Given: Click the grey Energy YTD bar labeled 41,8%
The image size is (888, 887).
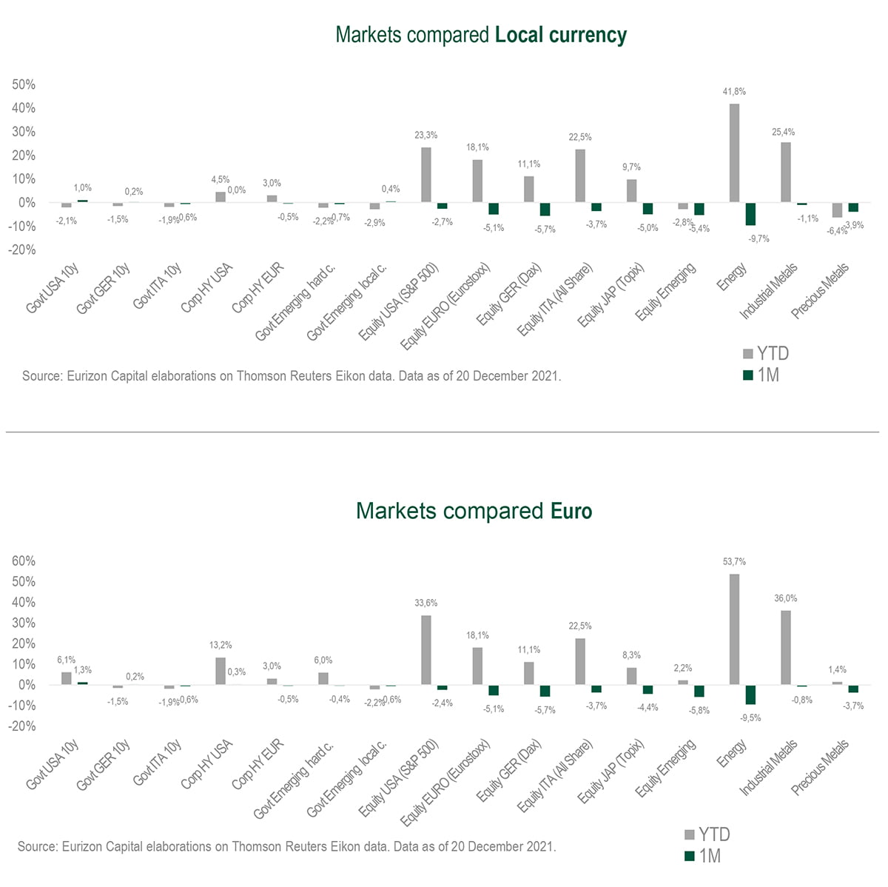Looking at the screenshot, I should (734, 153).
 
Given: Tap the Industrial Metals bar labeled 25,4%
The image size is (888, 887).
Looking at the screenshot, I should (786, 172).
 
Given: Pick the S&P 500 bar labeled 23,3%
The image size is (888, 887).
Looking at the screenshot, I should (426, 175).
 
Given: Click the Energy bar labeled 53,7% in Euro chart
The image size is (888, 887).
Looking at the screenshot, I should (734, 629).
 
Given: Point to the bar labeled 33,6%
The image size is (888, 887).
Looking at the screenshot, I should (426, 649).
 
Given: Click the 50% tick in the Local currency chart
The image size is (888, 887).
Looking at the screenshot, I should (24, 84).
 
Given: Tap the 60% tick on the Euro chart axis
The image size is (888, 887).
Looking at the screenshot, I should (24, 560).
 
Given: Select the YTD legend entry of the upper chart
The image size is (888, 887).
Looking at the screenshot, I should (766, 353).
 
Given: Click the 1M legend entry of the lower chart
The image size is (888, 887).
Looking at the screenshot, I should (702, 856).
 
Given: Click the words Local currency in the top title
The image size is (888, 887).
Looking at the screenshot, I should (560, 35).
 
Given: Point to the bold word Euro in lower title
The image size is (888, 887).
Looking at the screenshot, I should (571, 511).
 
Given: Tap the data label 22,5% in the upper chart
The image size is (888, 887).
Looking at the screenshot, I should (580, 137).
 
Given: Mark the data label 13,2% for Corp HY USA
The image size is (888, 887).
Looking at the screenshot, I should (221, 645).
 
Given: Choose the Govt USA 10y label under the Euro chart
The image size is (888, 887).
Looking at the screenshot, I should (53, 763).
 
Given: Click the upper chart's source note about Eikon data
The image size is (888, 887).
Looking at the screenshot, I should (292, 376).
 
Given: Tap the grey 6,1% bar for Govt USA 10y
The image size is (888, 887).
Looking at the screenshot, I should (66, 678).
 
